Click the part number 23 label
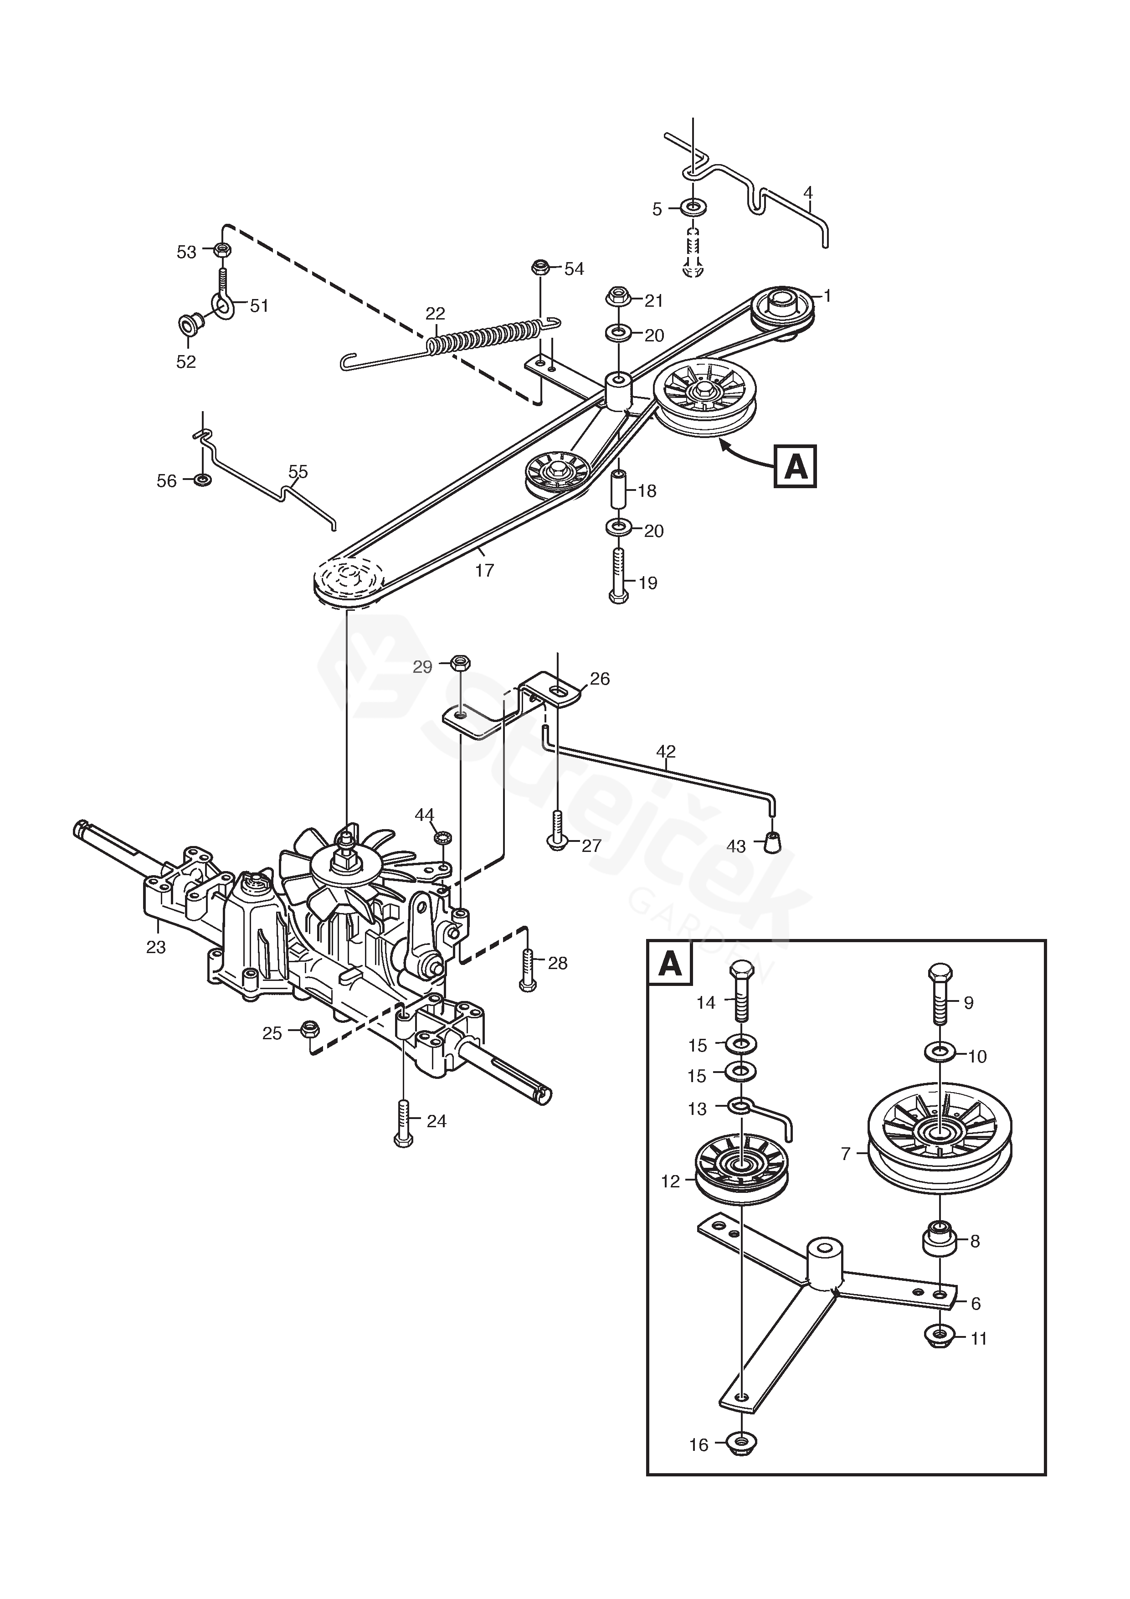[156, 947]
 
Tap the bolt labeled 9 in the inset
[939, 993]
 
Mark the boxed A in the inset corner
[670, 965]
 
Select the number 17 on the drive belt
[485, 570]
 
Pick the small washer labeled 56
[203, 480]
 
